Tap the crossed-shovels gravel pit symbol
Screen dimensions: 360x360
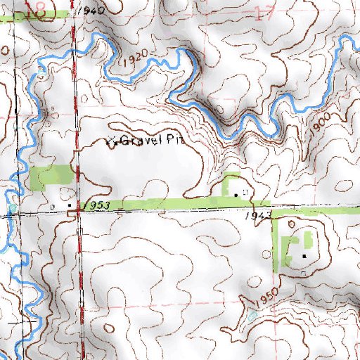110,141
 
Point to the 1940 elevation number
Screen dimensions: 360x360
92,11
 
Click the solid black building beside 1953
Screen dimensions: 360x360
70,205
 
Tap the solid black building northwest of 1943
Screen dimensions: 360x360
235,191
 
